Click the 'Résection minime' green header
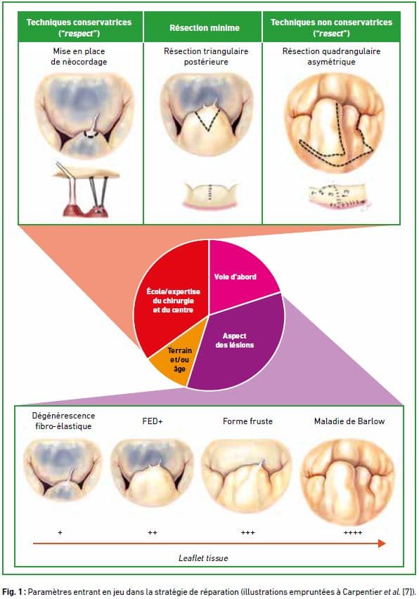pos(205,27)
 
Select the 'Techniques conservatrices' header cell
pos(80,27)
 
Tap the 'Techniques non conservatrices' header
pos(331,27)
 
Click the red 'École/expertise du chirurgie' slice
pos(172,298)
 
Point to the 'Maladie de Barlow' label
pos(349,421)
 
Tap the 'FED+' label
pos(152,421)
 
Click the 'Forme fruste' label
pos(247,421)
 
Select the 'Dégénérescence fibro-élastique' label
pos(63,421)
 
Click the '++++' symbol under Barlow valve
pos(352,532)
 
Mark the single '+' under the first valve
pos(60,532)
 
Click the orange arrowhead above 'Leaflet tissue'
pos(382,544)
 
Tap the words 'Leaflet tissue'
pos(203,558)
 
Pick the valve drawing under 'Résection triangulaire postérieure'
pos(207,114)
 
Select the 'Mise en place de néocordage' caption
pos(79,56)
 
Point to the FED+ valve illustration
pos(152,473)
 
